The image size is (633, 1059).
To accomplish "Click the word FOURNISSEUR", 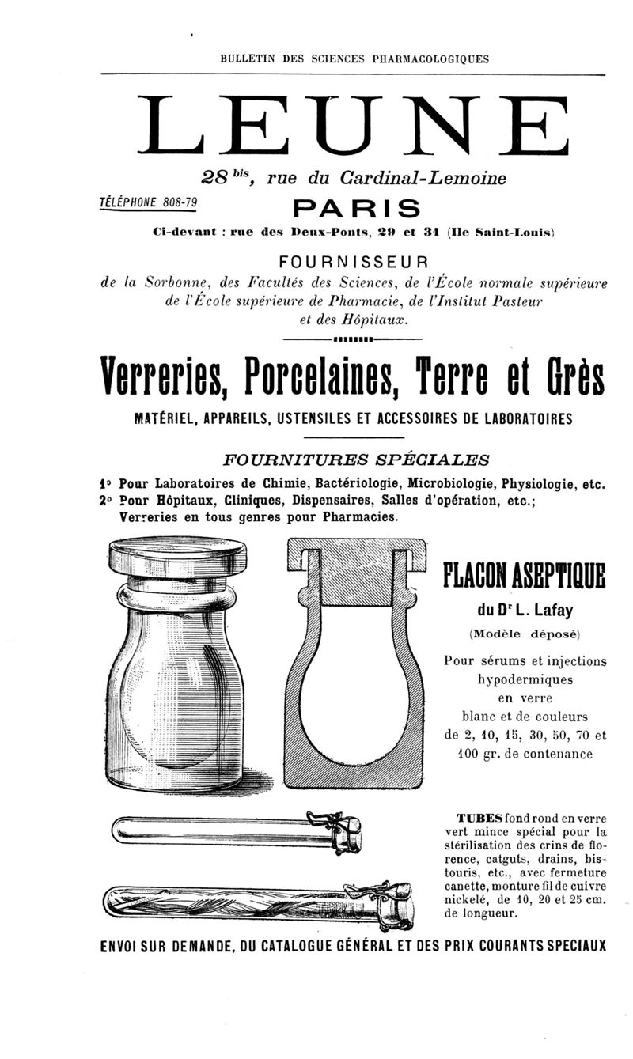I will pyautogui.click(x=354, y=262).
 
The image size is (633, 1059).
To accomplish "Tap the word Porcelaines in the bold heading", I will pyautogui.click(x=318, y=378).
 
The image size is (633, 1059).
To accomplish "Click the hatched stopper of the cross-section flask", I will pyautogui.click(x=355, y=579).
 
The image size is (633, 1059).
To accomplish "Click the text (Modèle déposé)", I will pyautogui.click(x=525, y=634).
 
